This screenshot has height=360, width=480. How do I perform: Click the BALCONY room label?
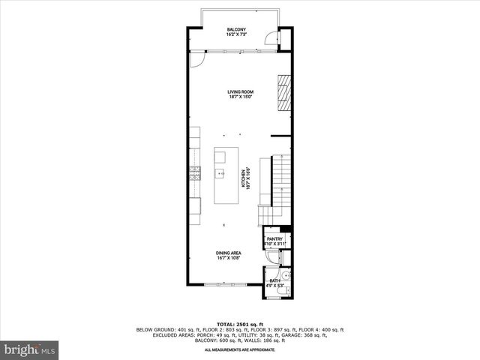(237, 29)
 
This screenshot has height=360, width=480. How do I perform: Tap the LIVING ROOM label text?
(240, 91)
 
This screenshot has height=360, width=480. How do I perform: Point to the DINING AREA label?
(229, 253)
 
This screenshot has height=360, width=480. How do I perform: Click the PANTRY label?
(274, 239)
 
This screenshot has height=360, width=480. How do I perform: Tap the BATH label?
(274, 281)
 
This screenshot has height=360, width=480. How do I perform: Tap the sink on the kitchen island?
(220, 173)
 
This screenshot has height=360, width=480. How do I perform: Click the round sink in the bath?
(286, 276)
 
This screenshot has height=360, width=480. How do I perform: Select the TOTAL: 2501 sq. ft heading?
(240, 324)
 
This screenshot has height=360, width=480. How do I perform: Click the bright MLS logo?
(30, 349)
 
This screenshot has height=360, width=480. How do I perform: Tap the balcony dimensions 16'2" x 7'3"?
(237, 34)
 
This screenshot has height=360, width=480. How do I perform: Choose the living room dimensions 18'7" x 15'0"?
(240, 97)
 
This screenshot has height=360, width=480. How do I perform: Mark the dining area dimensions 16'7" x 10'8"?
(229, 259)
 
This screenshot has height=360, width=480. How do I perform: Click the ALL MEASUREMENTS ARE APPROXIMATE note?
(240, 349)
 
